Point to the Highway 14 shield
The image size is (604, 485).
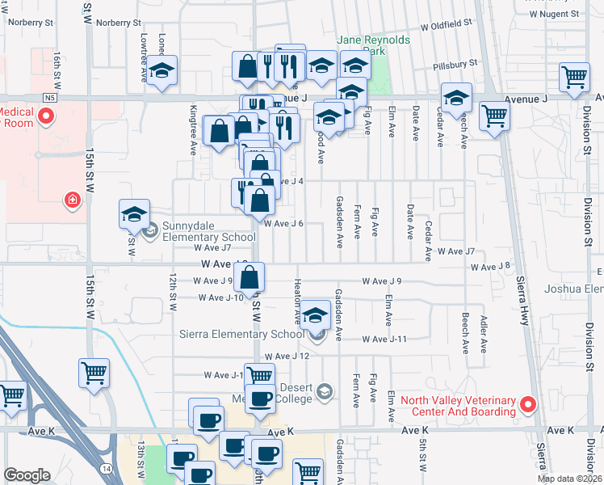pos(107,468)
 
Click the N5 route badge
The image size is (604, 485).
pos(50,98)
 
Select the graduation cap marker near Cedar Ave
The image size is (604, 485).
pos(456,98)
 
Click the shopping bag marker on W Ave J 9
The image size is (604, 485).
pos(250,277)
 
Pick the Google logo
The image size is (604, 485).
pos(27,475)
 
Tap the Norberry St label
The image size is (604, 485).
pos(118,23)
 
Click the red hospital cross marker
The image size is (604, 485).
pos(73,199)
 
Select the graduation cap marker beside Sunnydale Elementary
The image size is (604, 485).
pos(134,214)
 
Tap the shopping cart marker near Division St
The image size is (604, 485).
pos(574,78)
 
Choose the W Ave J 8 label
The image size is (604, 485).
pos(493,266)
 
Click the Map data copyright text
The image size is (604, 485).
pos(569,479)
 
